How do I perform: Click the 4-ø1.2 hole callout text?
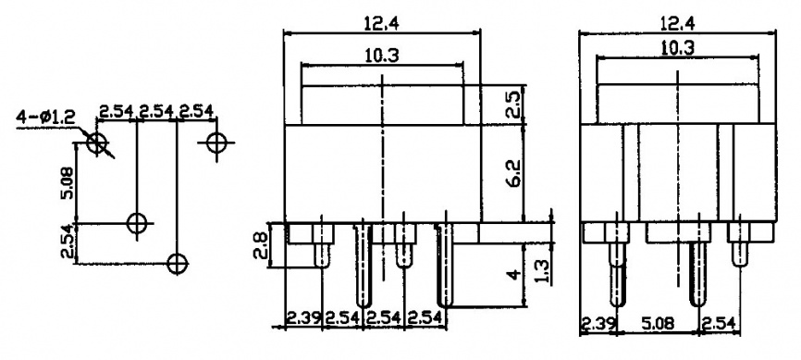(45, 118)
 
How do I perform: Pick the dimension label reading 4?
(515, 274)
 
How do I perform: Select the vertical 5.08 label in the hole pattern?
(68, 184)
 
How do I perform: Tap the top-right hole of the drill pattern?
(216, 143)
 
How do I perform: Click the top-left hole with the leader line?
(97, 143)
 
